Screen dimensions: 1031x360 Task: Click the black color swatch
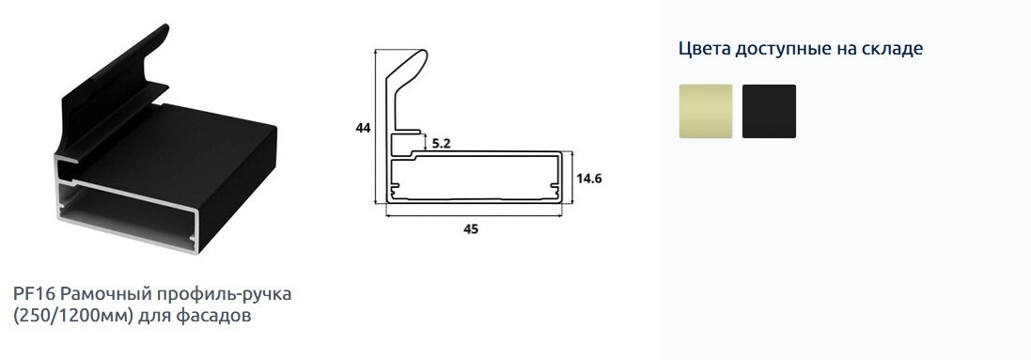[769, 111]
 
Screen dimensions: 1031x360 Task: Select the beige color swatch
[706, 111]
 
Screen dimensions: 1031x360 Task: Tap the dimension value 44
[363, 129]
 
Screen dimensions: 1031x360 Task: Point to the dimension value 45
[471, 229]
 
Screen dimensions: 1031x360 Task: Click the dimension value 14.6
[590, 179]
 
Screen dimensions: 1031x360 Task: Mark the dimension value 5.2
[442, 144]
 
